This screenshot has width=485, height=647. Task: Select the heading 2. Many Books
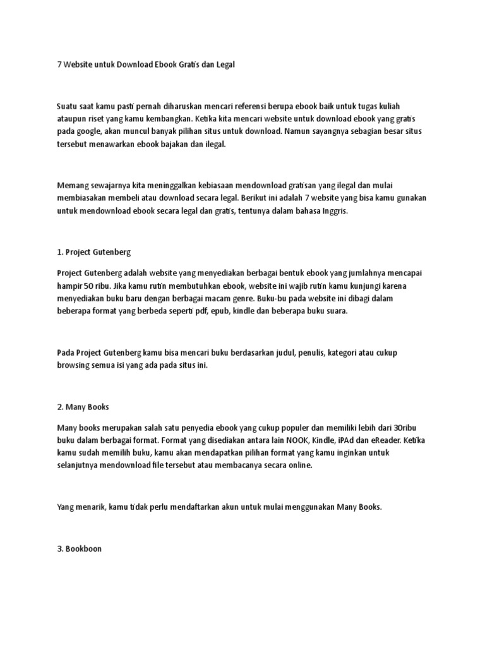pos(83,406)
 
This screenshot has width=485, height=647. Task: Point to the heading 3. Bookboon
pos(79,548)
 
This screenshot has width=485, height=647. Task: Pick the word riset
pos(100,119)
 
